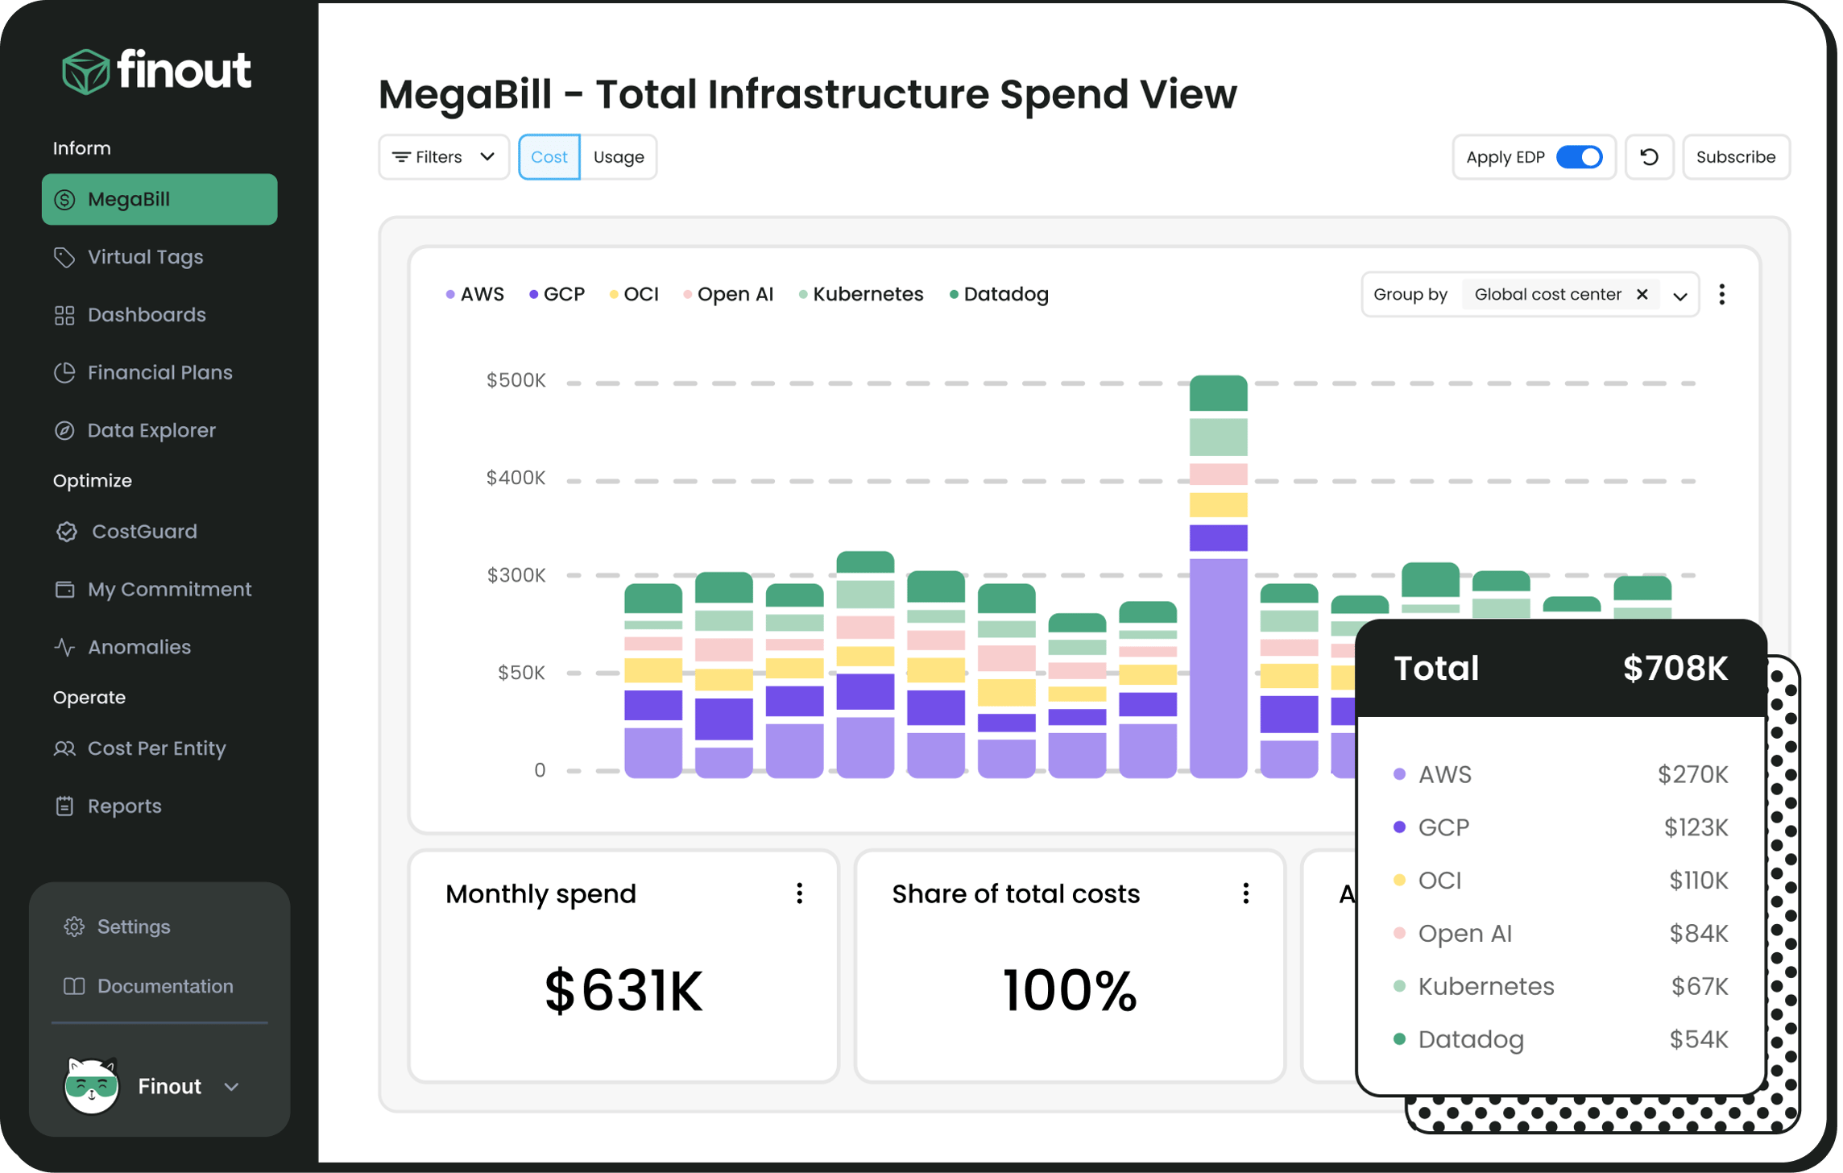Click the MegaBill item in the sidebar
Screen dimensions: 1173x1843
159,199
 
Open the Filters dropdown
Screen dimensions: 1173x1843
443,157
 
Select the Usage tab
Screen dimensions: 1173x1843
619,157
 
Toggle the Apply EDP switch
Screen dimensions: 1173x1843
1579,157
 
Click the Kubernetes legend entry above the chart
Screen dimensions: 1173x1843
867,294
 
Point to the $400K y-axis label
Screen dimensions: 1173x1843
516,478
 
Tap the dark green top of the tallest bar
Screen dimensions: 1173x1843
1218,393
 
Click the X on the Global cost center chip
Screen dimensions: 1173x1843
1642,294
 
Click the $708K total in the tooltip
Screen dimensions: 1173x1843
1675,669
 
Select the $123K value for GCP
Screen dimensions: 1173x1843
1696,827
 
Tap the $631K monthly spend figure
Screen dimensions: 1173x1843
623,991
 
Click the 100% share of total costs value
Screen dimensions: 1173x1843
1069,991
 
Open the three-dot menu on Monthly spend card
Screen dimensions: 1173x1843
799,893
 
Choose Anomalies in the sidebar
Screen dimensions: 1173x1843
139,647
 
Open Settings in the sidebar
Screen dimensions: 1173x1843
133,926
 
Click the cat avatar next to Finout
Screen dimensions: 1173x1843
91,1085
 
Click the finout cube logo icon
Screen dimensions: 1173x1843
85,73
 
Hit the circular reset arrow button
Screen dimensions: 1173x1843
1649,157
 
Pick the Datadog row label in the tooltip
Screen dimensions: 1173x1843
1470,1039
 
